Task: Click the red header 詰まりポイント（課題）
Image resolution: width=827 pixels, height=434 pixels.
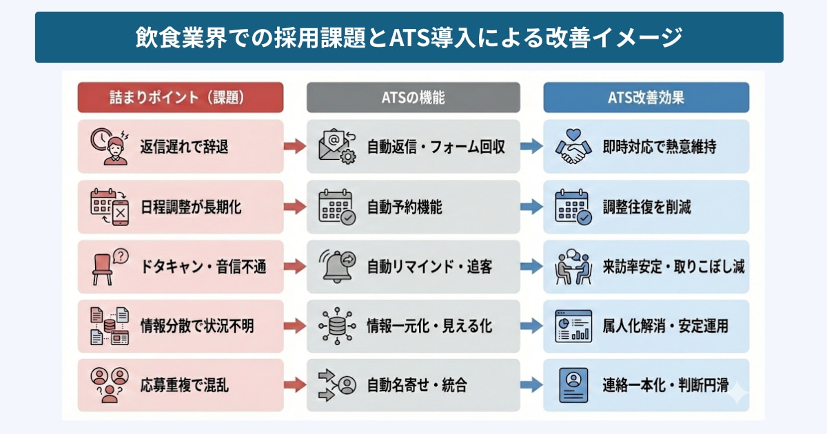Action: point(180,97)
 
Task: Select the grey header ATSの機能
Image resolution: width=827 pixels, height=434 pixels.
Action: point(413,97)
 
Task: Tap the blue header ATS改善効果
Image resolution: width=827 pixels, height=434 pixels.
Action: point(646,97)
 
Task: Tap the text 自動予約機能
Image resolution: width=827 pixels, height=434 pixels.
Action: point(405,207)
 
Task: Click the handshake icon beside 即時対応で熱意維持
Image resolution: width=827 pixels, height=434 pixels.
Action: point(574,147)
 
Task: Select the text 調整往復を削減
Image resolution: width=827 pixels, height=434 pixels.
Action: point(647,207)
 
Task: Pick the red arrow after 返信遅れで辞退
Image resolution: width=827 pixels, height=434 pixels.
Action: point(295,146)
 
